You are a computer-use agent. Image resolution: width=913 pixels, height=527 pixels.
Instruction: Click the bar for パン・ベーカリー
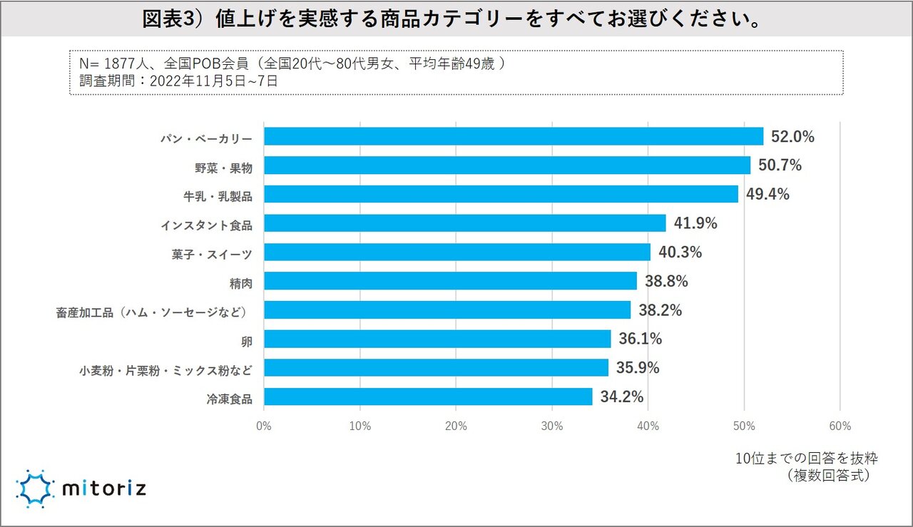pos(514,136)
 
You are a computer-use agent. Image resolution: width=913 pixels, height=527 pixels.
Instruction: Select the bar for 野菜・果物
pos(507,165)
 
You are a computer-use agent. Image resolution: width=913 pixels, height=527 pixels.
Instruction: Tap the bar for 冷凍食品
pos(428,396)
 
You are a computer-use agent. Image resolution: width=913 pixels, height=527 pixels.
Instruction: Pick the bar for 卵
pos(437,339)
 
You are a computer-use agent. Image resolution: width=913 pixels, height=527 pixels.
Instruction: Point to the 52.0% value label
pos(792,137)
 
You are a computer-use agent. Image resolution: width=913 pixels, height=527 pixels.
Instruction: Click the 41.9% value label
pos(695,223)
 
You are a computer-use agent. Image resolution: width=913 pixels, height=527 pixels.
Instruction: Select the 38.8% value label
pos(666,282)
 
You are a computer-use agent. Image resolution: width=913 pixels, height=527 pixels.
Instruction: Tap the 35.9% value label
pos(638,368)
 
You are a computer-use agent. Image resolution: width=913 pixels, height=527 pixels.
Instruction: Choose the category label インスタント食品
pos(206,224)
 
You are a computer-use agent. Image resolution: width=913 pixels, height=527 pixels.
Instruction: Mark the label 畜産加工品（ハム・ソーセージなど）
pos(154,311)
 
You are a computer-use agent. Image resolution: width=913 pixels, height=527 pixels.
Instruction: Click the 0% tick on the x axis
pos(264,426)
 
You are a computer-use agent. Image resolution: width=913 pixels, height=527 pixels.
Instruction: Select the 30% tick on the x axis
pos(552,426)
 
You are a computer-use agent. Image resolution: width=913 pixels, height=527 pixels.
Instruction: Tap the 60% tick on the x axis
pos(840,426)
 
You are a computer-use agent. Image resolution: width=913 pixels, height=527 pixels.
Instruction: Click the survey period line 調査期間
pos(178,81)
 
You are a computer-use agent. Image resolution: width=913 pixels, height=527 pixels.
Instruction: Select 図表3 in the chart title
pos(165,19)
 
